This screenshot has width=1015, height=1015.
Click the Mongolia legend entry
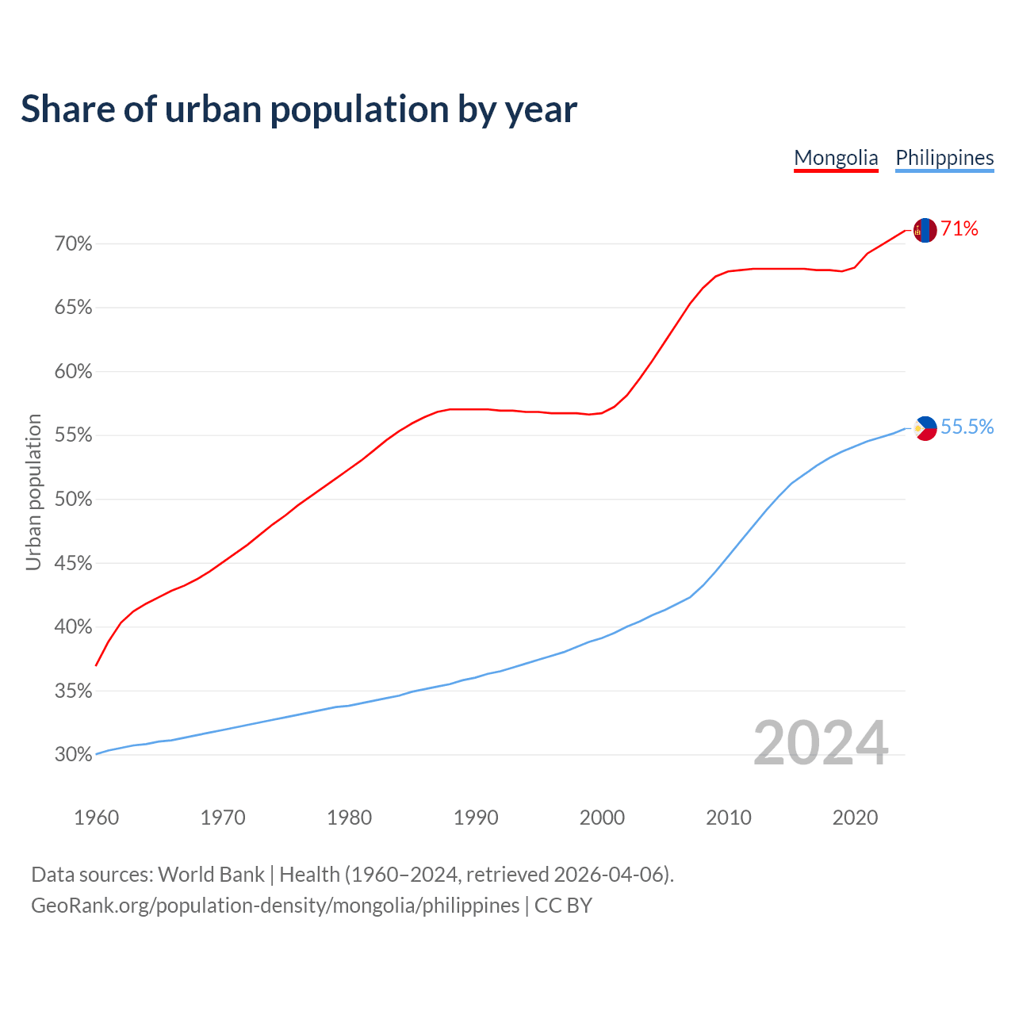[836, 158]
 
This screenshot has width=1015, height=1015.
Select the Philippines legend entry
[944, 158]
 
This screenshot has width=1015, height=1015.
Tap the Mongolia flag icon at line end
[925, 230]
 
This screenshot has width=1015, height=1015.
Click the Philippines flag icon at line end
[925, 428]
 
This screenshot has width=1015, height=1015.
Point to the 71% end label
[959, 229]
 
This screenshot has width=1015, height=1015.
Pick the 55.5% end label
[967, 427]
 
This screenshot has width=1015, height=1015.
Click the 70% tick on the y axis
[74, 244]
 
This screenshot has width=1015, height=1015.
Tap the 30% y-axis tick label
[74, 755]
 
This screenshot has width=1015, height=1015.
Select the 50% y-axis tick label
[74, 500]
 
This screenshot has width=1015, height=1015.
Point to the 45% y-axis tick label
[74, 564]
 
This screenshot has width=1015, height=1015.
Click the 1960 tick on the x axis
[96, 818]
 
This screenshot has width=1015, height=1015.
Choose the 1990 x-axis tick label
[476, 818]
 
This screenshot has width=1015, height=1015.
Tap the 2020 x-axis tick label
[855, 818]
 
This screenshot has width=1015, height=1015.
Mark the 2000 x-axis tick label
[602, 818]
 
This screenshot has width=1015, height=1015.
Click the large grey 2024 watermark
[821, 744]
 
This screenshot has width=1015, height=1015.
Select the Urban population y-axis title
[33, 492]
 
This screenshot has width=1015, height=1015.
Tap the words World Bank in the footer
[211, 875]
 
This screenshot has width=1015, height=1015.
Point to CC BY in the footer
[563, 906]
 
